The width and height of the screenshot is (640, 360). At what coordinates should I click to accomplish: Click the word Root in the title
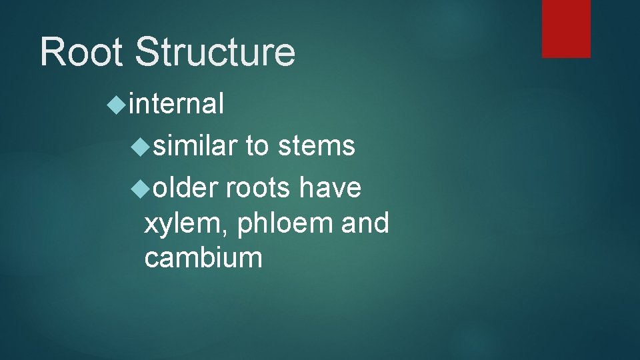pyautogui.click(x=82, y=51)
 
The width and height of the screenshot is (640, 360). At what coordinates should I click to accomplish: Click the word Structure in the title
pyautogui.click(x=215, y=51)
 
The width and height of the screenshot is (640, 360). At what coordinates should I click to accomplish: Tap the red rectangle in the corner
pyautogui.click(x=566, y=29)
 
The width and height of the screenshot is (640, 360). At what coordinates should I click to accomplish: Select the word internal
pyautogui.click(x=176, y=104)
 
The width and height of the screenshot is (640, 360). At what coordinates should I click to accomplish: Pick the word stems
pyautogui.click(x=316, y=145)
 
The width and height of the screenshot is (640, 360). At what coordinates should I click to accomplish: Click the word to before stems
pyautogui.click(x=257, y=145)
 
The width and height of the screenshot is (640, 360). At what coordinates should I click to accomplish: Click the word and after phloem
pyautogui.click(x=365, y=223)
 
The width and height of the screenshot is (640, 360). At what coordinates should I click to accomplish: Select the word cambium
pyautogui.click(x=203, y=257)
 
